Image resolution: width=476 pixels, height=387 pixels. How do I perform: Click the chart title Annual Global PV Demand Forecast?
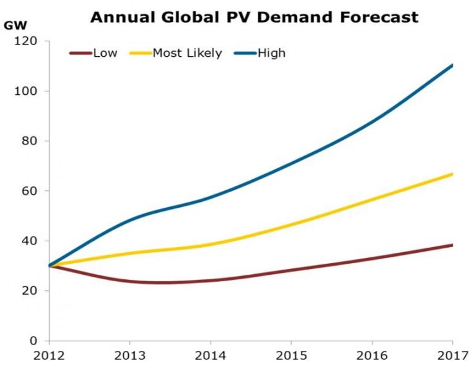pyautogui.click(x=254, y=17)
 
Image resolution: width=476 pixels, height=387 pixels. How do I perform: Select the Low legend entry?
pyautogui.click(x=105, y=53)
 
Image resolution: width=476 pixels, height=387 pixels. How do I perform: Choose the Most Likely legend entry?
pyautogui.click(x=187, y=53)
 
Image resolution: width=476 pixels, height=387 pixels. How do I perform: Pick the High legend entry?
pyautogui.click(x=271, y=53)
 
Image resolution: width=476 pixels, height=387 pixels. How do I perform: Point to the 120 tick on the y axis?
pyautogui.click(x=27, y=41)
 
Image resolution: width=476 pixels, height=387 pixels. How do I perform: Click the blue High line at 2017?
pyautogui.click(x=452, y=65)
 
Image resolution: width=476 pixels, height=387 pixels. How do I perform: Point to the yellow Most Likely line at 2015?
pyautogui.click(x=290, y=224)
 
